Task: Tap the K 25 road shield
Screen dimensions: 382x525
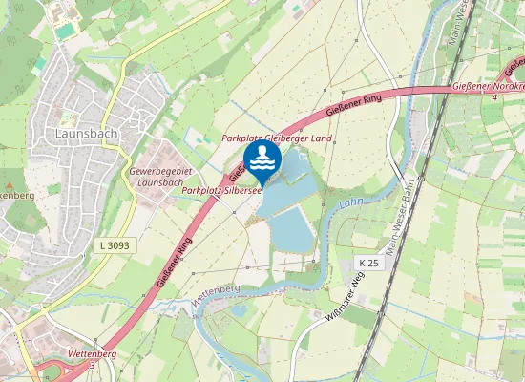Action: coord(369,262)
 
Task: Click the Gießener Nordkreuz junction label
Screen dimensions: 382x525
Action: coord(488,88)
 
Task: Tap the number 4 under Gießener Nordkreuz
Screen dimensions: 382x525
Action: coord(493,98)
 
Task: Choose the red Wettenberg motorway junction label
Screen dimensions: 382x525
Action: coord(93,354)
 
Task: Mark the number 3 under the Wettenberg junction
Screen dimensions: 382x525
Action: coord(92,365)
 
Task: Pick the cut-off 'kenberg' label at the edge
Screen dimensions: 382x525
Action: coord(16,196)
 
